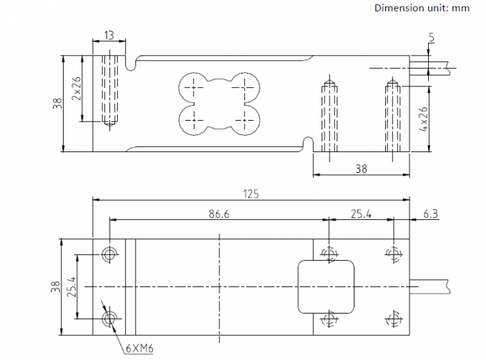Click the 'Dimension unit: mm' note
tap(422, 8)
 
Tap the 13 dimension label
tap(109, 35)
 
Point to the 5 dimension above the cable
tap(431, 37)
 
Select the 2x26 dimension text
tap(76, 89)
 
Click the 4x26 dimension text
tap(423, 119)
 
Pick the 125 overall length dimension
tap(251, 194)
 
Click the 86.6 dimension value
tap(219, 214)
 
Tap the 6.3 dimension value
tap(430, 214)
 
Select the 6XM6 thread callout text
tap(139, 349)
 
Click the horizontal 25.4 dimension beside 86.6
tap(361, 214)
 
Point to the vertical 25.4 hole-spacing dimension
tap(71, 286)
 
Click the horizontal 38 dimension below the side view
tap(361, 169)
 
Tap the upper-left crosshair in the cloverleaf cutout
tap(194, 88)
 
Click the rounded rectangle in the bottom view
tap(326, 287)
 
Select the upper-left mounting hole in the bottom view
tap(109, 254)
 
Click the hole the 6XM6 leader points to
tap(109, 319)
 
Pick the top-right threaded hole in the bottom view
tap(394, 254)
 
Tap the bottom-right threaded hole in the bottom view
tap(394, 319)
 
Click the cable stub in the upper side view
tap(430, 68)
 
